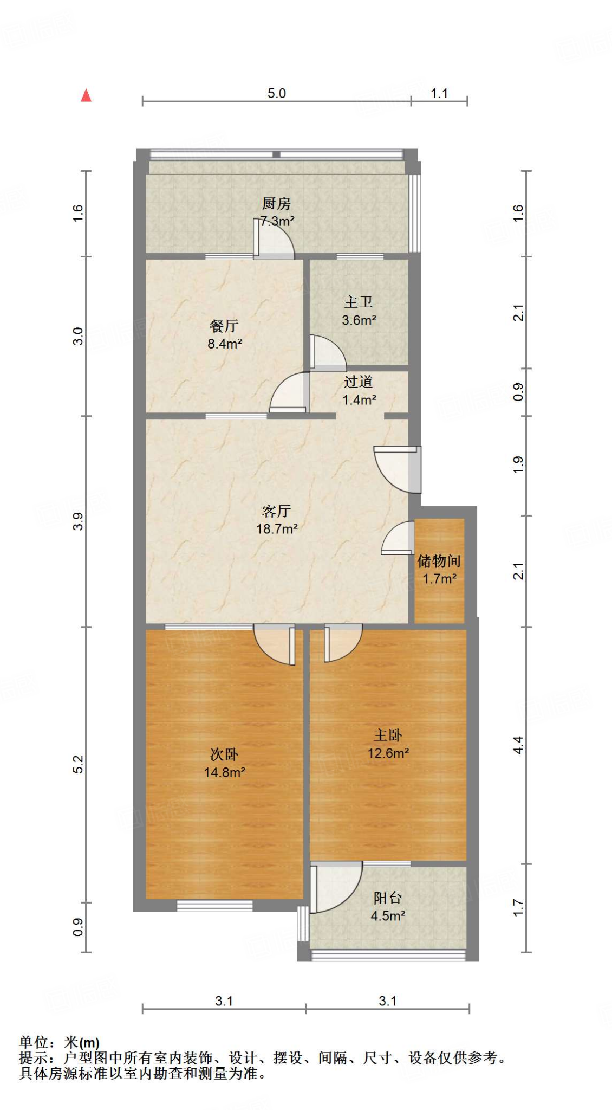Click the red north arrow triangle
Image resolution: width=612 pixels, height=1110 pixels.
point(86,96)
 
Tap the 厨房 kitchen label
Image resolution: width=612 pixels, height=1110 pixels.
point(276,204)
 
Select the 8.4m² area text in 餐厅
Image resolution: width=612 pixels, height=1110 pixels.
point(224,344)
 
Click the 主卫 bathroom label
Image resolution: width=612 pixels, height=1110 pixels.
point(359,302)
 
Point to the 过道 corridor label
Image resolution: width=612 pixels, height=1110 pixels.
point(359,382)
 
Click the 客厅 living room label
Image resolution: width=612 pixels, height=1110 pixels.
point(276,511)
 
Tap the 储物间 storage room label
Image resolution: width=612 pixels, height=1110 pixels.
point(439,561)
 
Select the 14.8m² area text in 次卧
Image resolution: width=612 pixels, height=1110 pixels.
point(224,772)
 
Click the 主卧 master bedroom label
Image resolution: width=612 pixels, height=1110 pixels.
point(388,735)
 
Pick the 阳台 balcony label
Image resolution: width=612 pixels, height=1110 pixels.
point(388,898)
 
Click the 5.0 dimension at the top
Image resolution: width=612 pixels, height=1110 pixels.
point(276,93)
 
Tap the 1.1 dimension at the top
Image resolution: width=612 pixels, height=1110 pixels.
point(439,93)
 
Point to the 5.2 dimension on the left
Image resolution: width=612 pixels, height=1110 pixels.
point(78,764)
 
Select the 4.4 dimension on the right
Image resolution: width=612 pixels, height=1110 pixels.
point(518,745)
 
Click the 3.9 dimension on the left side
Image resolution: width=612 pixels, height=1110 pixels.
point(78,521)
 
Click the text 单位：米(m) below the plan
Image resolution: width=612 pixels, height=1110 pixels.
point(60,1042)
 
